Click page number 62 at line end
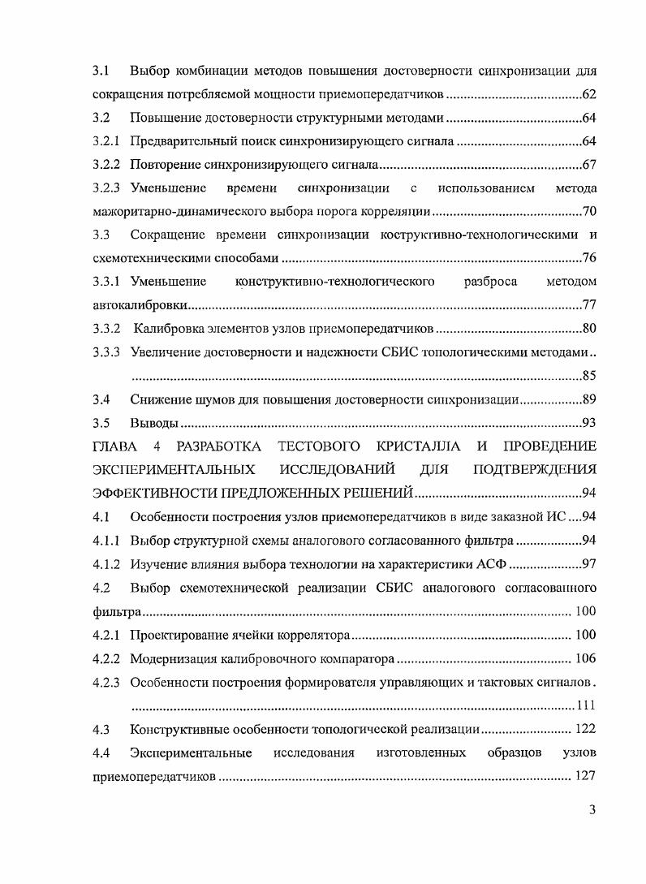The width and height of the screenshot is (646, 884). pos(589,95)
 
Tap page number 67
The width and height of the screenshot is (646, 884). pos(589,166)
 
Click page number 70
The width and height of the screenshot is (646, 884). pos(589,213)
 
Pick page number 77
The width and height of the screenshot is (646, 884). pos(589,306)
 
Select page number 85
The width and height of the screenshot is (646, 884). pos(589,376)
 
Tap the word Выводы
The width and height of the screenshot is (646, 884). pos(154,423)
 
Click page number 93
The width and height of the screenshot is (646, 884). pos(589,423)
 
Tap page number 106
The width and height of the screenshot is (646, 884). pos(585,658)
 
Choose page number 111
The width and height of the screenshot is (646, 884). pos(585,704)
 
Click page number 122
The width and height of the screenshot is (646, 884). pos(585,728)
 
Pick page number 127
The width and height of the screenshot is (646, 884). pos(585,776)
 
